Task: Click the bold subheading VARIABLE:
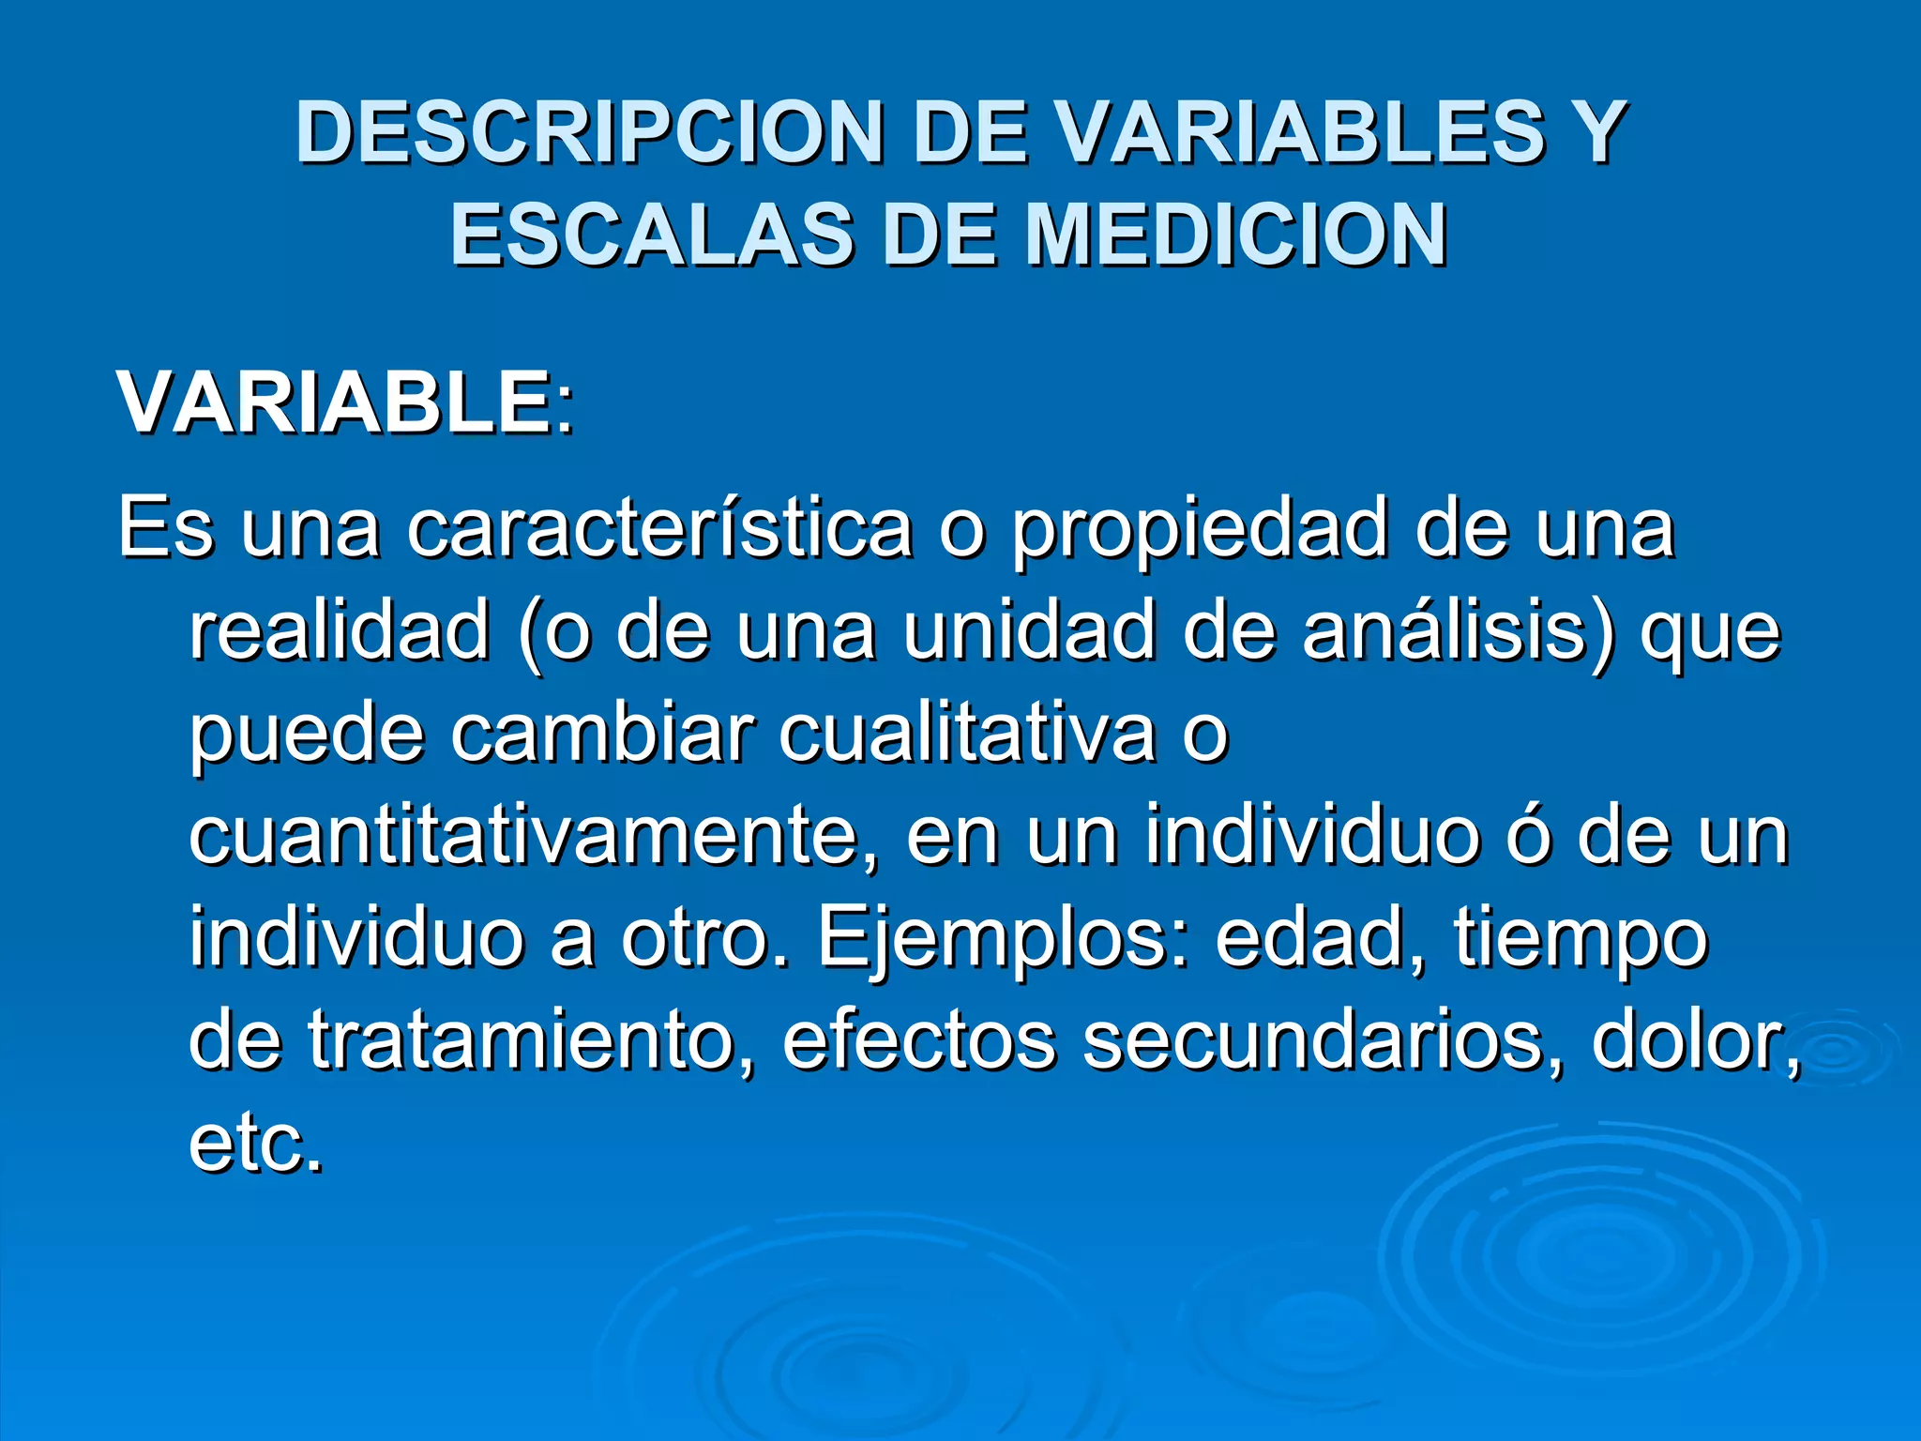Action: tap(344, 403)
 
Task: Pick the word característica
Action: tap(659, 528)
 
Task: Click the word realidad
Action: tap(340, 630)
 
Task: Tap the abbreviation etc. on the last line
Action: tap(256, 1145)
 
